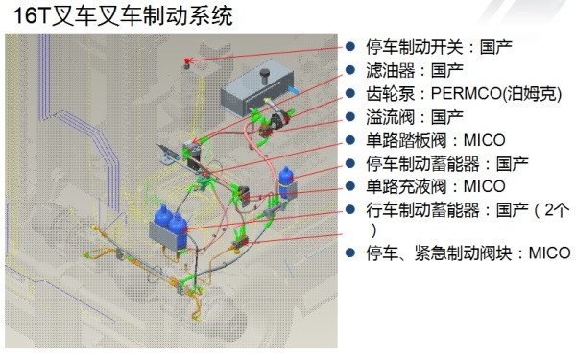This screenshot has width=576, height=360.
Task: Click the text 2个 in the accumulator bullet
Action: [x=548, y=209]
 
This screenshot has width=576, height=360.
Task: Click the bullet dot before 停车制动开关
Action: [x=352, y=47]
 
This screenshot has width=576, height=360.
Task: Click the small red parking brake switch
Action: [x=187, y=61]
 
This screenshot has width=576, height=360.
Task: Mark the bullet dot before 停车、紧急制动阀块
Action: [x=352, y=253]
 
